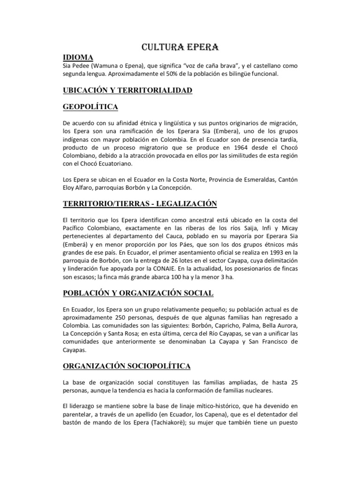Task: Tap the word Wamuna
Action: [112, 66]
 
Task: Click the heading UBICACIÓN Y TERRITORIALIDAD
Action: [127, 90]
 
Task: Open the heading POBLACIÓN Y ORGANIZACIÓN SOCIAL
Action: [138, 293]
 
